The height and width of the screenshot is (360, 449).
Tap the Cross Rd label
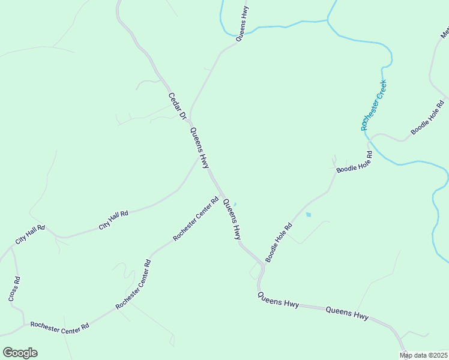pyautogui.click(x=14, y=289)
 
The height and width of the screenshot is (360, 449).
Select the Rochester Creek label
pyautogui.click(x=373, y=106)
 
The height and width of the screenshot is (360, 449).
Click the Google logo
pyautogui.click(x=20, y=353)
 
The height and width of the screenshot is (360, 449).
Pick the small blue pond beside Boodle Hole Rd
pyautogui.click(x=309, y=214)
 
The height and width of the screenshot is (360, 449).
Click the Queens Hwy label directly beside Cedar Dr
pyautogui.click(x=200, y=147)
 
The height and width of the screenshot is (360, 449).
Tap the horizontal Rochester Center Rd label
pyautogui.click(x=59, y=325)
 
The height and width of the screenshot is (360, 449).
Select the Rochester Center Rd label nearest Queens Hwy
pyautogui.click(x=196, y=219)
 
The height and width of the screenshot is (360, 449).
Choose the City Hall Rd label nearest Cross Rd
pyautogui.click(x=30, y=235)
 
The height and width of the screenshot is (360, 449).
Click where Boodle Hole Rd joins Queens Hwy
pyautogui.click(x=263, y=264)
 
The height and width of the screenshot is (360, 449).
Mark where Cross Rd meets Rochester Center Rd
pyautogui.click(x=24, y=325)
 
